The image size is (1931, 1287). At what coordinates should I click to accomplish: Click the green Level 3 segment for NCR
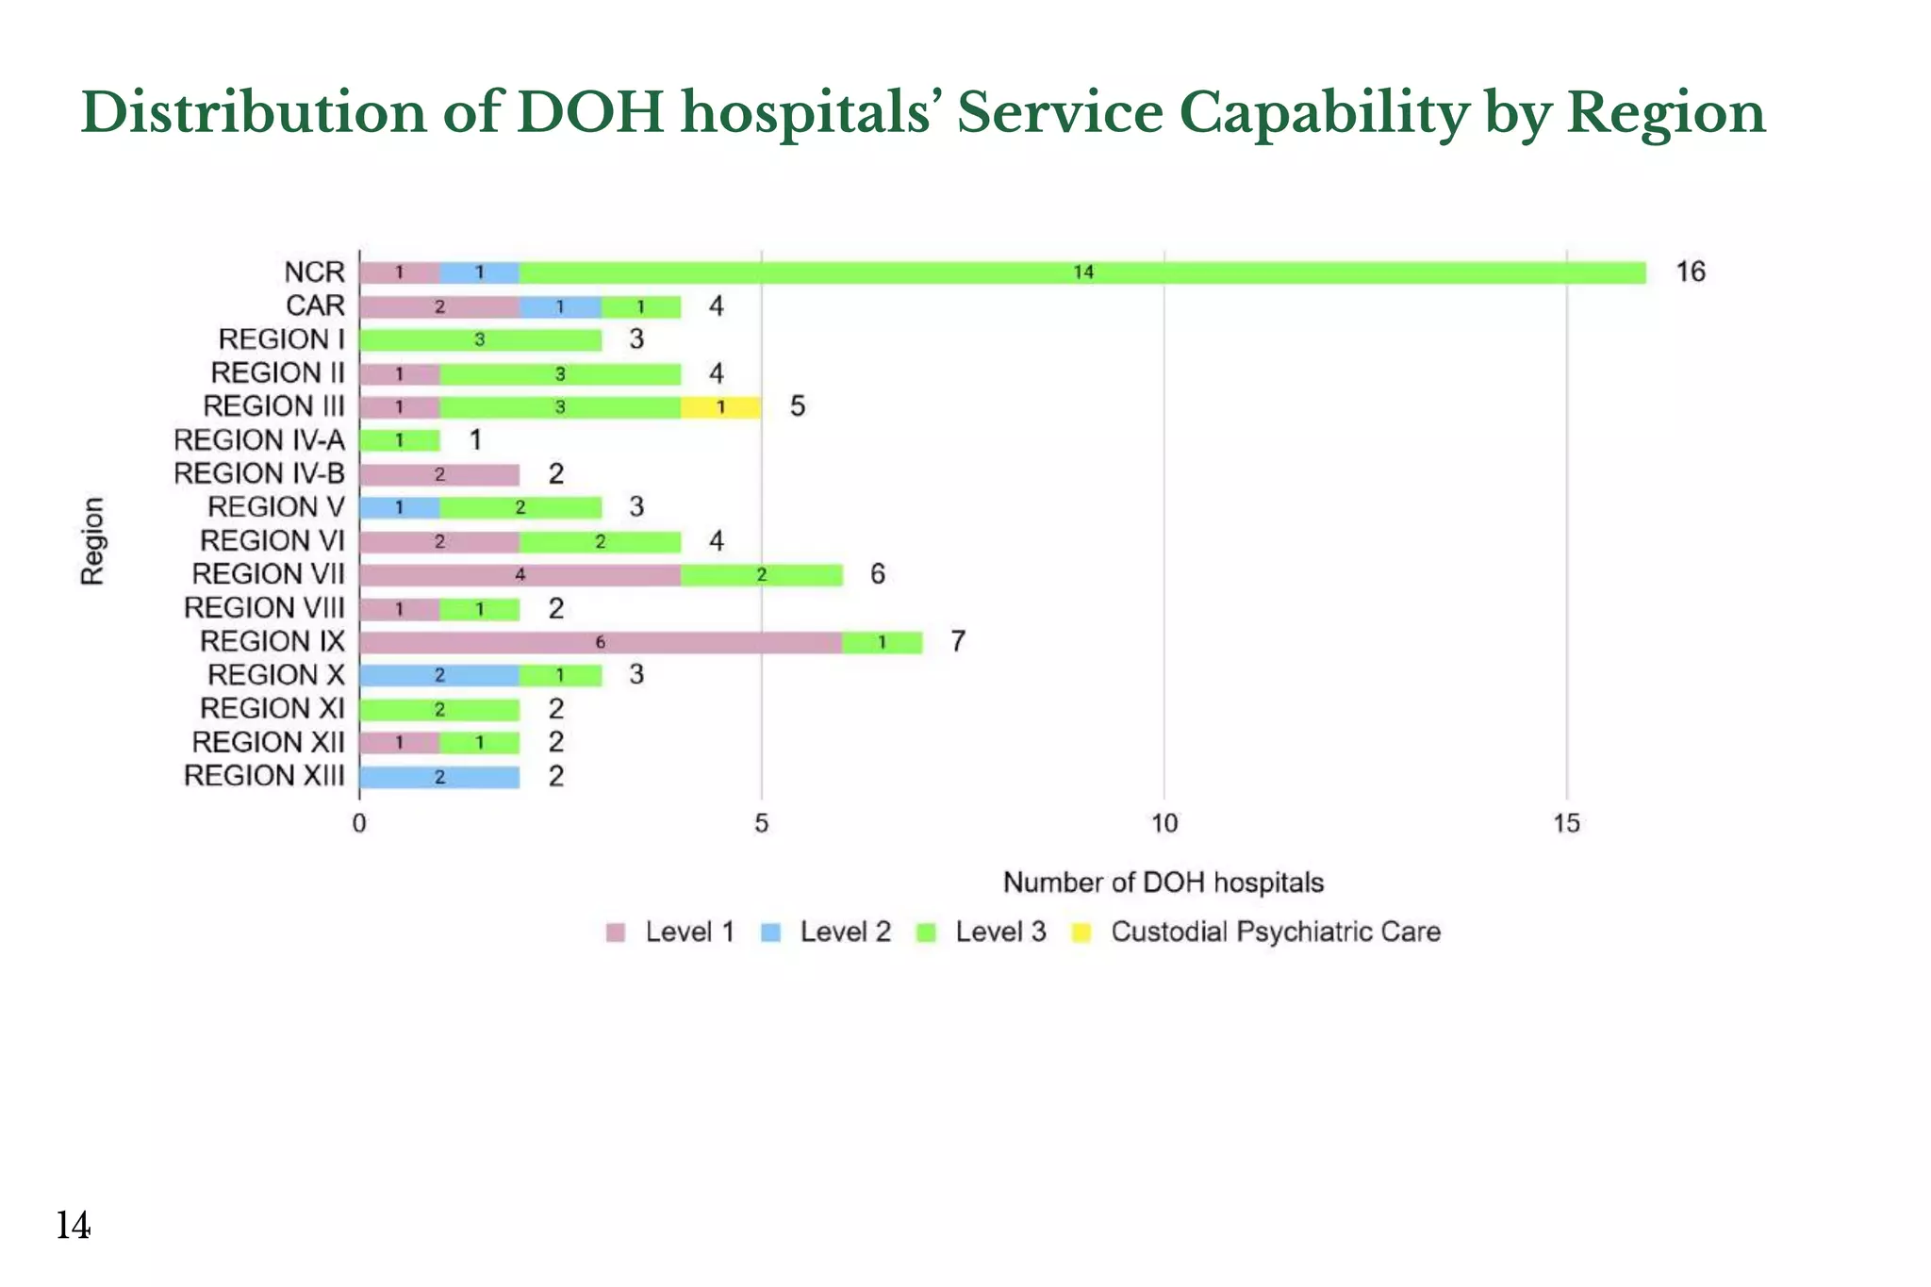click(x=1082, y=272)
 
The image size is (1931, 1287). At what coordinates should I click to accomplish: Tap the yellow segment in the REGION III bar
click(x=721, y=407)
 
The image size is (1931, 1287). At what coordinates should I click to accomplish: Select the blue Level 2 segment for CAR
click(x=560, y=306)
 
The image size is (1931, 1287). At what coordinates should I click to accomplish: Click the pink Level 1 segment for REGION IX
click(x=601, y=643)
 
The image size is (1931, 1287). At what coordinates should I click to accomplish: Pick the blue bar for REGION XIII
click(x=439, y=778)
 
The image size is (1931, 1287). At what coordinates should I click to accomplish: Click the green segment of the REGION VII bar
click(x=762, y=575)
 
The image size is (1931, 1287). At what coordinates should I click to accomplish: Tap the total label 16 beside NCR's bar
click(x=1691, y=272)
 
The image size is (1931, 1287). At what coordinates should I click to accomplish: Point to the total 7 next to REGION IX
click(x=958, y=642)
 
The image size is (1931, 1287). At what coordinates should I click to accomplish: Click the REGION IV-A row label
click(x=259, y=440)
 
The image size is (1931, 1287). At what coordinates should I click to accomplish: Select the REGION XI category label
click(x=272, y=709)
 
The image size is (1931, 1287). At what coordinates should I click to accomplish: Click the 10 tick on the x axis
click(x=1164, y=824)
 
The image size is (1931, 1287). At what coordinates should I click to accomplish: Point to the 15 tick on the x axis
click(x=1566, y=824)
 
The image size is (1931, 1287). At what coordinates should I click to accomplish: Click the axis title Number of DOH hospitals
click(x=1164, y=883)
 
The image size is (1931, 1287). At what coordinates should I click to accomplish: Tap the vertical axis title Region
click(x=92, y=541)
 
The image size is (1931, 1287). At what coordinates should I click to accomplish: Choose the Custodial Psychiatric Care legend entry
click(x=1275, y=932)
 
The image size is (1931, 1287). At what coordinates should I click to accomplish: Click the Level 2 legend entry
click(x=844, y=932)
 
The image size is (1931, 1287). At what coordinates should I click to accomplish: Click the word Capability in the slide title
click(x=1324, y=113)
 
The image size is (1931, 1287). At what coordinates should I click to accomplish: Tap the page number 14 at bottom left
click(x=73, y=1226)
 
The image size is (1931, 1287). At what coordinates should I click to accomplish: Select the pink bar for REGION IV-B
click(x=439, y=474)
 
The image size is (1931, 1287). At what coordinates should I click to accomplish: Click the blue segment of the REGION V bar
click(x=400, y=508)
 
